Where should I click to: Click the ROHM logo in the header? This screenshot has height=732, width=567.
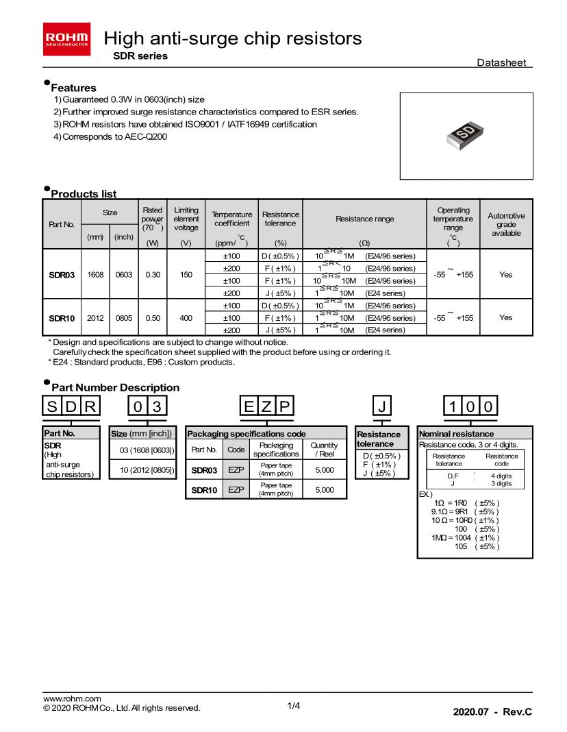pos(66,38)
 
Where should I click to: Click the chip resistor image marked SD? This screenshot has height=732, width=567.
pos(466,135)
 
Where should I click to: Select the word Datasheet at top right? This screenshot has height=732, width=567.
pos(501,62)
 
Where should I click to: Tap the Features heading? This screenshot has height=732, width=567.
pos(73,88)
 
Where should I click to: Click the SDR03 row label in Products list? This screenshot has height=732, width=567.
pos(62,274)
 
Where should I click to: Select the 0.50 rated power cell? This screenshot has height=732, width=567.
pos(152,318)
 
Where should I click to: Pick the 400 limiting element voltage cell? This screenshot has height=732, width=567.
pos(186,318)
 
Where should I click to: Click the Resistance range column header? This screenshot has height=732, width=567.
pos(364,219)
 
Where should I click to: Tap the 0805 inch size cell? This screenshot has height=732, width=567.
pos(123,318)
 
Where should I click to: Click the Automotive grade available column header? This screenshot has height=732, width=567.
pos(506,224)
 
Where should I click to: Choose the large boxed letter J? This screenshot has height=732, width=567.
pos(381,406)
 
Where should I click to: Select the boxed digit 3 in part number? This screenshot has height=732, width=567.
pos(155,406)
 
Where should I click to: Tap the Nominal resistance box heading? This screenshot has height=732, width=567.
pos(456,434)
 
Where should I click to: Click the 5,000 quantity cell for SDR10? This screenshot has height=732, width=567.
pos(324,490)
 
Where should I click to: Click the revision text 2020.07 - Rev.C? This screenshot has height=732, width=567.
pos(492,712)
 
